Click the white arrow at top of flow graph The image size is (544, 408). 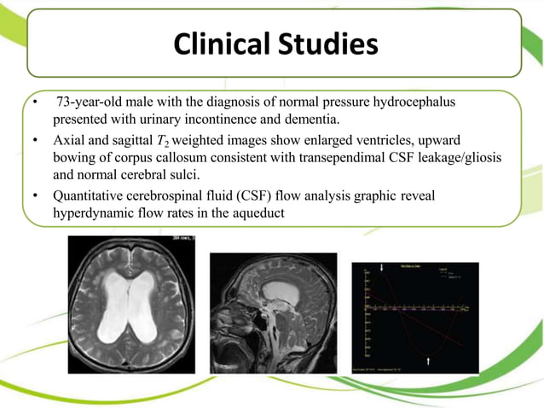coord(380,267)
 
